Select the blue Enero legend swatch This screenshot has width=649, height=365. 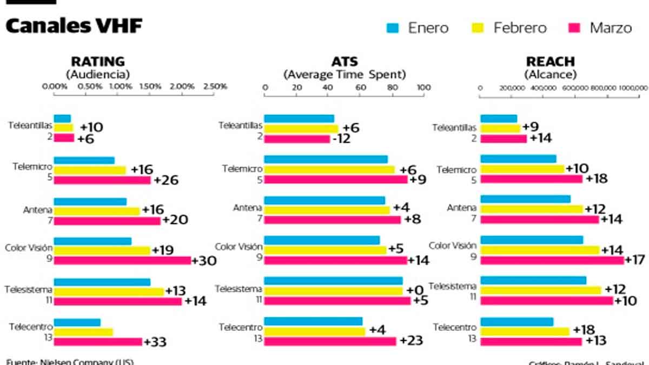click(x=393, y=28)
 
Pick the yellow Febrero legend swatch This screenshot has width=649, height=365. click(x=478, y=28)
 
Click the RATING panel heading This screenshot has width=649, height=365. click(x=98, y=62)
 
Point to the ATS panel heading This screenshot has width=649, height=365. click(x=345, y=62)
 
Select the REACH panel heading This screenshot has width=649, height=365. click(x=551, y=62)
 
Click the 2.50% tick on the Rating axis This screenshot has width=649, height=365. click(x=215, y=87)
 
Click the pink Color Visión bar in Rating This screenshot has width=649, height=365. click(x=123, y=261)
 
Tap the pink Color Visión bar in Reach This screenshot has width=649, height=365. click(x=552, y=261)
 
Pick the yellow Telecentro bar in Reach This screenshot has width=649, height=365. click(x=525, y=331)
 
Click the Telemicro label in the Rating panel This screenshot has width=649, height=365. click(x=33, y=167)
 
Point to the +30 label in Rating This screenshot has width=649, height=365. click(x=204, y=261)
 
